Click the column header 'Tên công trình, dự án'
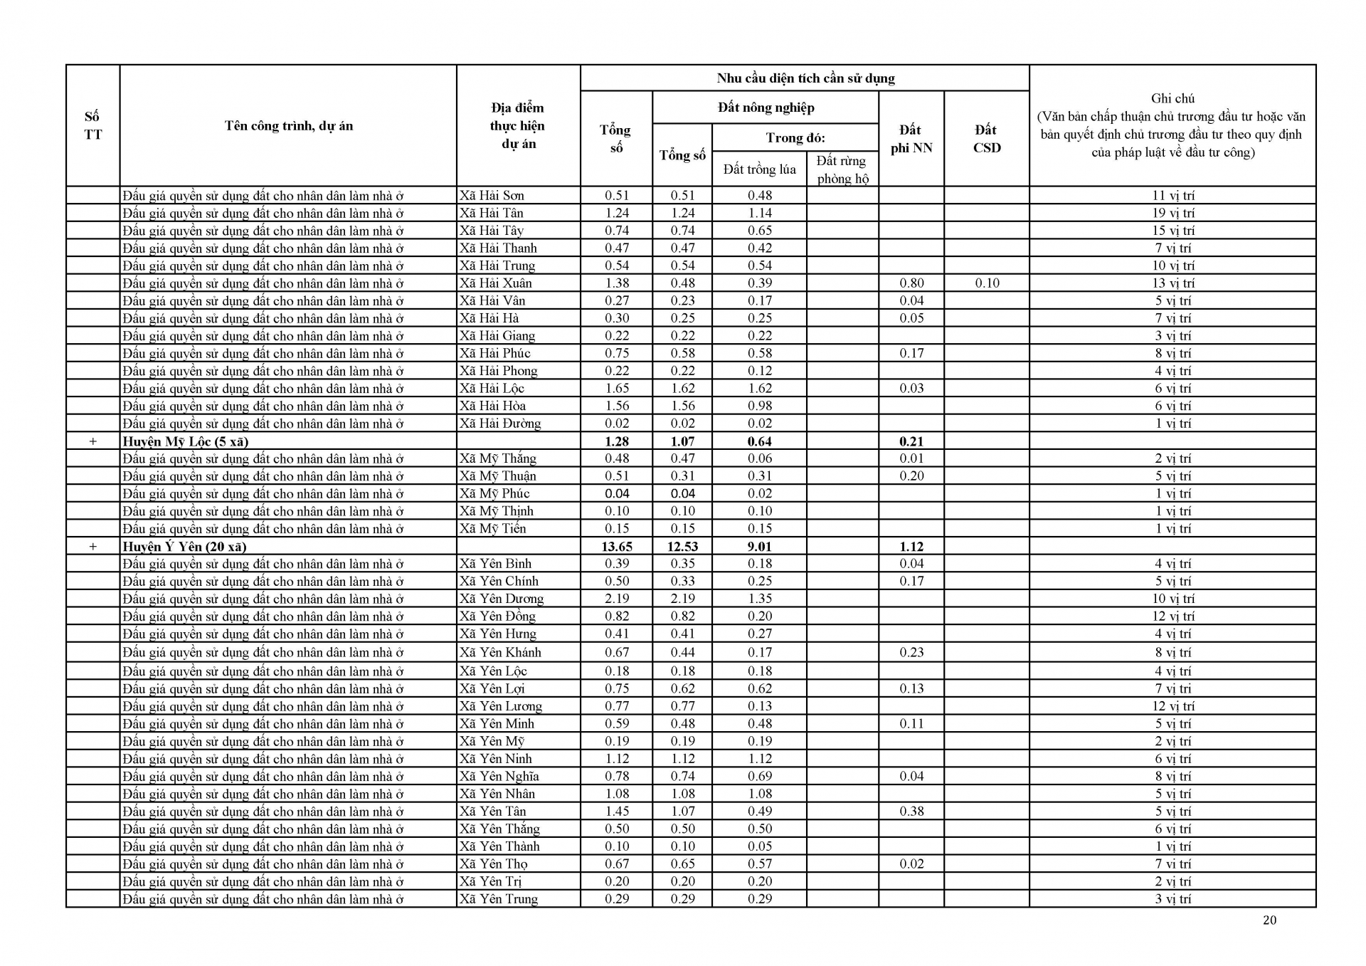tap(288, 126)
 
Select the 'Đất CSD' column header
tap(986, 139)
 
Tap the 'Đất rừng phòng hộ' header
tap(842, 169)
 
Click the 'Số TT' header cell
tap(92, 126)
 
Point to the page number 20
tap(1269, 920)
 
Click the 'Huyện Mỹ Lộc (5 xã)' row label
tap(186, 441)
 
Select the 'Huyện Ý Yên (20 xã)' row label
tap(184, 547)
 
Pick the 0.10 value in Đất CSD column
tap(987, 283)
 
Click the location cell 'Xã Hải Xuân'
tap(496, 283)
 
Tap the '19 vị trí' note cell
tap(1172, 213)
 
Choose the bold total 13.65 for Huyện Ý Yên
tap(616, 547)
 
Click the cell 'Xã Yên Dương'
tap(502, 599)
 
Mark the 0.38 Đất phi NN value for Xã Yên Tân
tap(911, 811)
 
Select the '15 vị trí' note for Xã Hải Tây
tap(1172, 231)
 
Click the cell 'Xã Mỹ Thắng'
tap(498, 458)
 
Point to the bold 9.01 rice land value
tap(759, 547)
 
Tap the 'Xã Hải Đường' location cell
tap(500, 424)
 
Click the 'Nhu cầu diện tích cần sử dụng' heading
tap(805, 78)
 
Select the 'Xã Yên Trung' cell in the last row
tap(499, 898)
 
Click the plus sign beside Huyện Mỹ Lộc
tap(92, 441)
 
